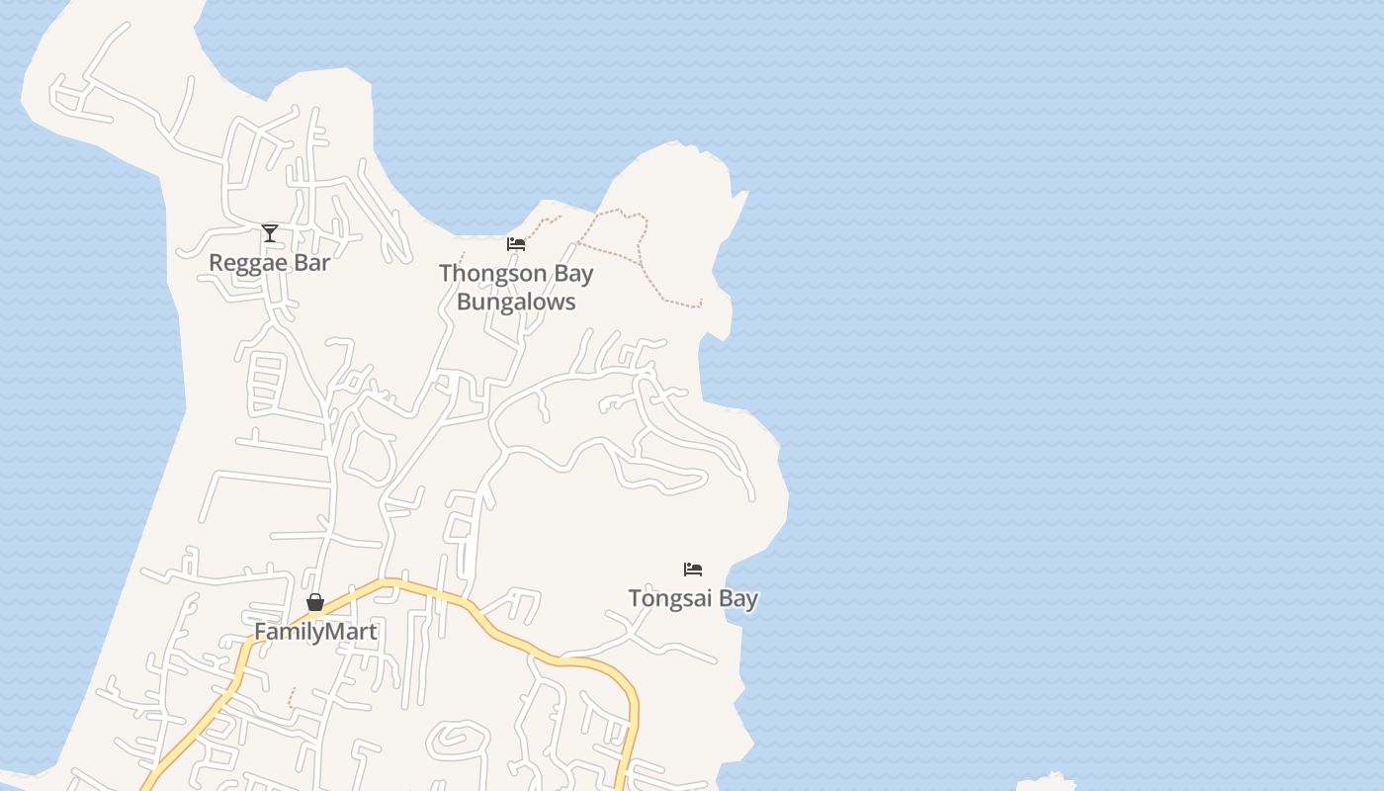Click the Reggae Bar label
(269, 263)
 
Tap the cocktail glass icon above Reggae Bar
(270, 233)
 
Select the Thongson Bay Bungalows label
(516, 287)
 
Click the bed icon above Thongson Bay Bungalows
(516, 244)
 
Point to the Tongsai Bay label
(693, 598)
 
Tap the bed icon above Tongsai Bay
(693, 570)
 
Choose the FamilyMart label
(315, 631)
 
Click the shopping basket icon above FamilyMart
(315, 602)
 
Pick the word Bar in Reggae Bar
(312, 263)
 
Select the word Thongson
(492, 273)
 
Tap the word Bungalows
(516, 302)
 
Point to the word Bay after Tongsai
(738, 598)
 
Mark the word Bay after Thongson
(573, 273)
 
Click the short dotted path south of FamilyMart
(291, 697)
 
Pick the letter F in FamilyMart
(261, 631)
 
